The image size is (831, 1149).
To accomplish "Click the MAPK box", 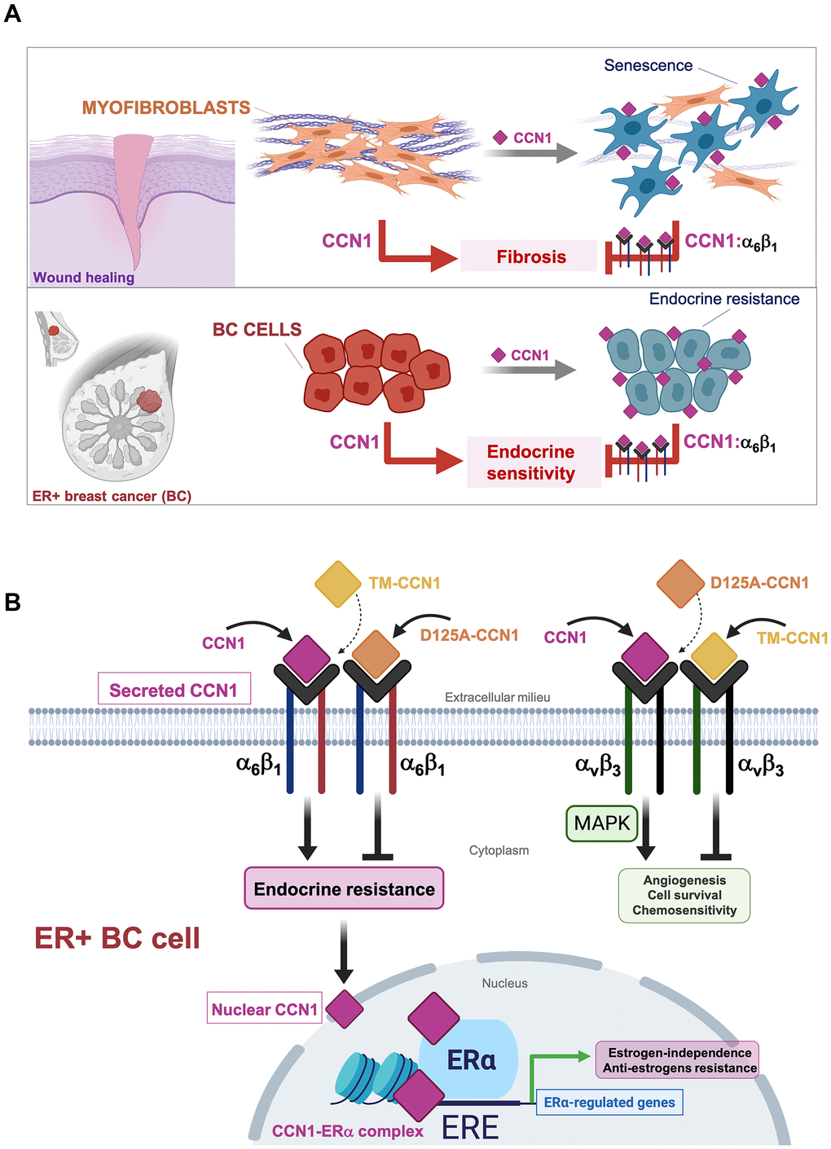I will [x=601, y=823].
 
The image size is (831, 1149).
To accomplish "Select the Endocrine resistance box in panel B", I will [x=344, y=888].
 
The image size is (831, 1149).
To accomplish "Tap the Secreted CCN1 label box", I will [x=174, y=690].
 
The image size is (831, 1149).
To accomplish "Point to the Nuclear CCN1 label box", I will [x=264, y=1009].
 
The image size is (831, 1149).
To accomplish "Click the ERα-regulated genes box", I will [x=609, y=1103].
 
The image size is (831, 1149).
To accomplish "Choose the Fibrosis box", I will [x=530, y=257].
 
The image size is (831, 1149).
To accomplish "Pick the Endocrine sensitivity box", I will [x=531, y=463].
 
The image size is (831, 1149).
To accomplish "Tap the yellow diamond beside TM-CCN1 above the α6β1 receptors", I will [x=338, y=583].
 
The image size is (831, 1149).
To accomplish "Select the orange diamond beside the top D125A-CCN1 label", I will [x=680, y=583].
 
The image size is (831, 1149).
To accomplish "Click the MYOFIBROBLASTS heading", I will [x=165, y=107].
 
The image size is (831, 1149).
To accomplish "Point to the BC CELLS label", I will [x=257, y=330].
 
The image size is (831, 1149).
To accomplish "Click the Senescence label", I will [x=648, y=66].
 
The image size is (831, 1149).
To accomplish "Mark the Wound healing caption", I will [x=83, y=278].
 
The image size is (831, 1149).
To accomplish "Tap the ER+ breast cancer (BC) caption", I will [x=112, y=496].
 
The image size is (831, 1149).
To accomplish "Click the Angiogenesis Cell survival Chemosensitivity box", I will [x=684, y=895].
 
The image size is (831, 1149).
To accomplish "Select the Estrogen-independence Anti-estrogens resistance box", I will [x=679, y=1060].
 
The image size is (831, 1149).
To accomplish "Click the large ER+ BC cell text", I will [x=117, y=938].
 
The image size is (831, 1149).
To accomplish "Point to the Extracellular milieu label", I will [x=497, y=697].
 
